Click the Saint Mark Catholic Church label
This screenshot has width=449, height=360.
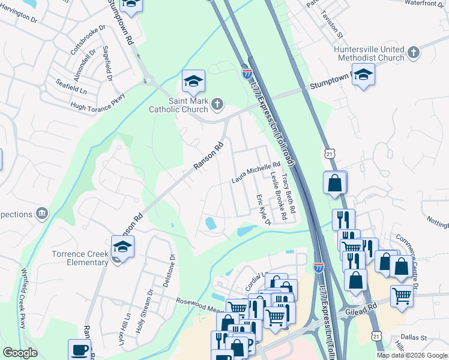click(178, 105)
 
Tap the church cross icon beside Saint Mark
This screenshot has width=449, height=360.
click(217, 105)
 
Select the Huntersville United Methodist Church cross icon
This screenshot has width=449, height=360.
click(413, 53)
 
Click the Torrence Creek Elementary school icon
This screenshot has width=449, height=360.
click(122, 247)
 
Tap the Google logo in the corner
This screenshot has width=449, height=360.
click(20, 353)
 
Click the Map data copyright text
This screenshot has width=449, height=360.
click(412, 355)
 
